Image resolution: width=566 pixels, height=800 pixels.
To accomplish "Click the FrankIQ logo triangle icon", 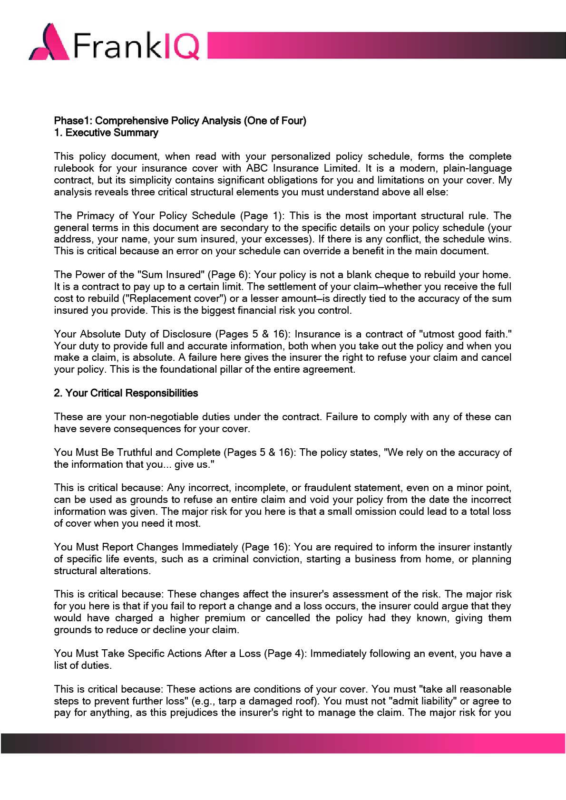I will coord(50,44).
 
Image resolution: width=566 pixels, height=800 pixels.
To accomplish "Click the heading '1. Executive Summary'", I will coord(106,133).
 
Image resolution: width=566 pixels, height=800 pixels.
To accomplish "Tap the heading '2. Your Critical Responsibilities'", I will coord(126,393).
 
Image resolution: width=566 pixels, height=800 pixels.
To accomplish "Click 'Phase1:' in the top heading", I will coord(73,121).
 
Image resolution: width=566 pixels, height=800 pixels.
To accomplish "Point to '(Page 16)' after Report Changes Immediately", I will coord(267,547).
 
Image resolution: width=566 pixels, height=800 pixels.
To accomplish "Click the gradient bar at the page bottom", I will coord(283,743).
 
